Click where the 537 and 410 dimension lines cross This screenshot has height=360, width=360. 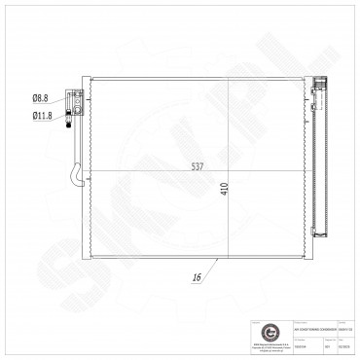228,171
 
